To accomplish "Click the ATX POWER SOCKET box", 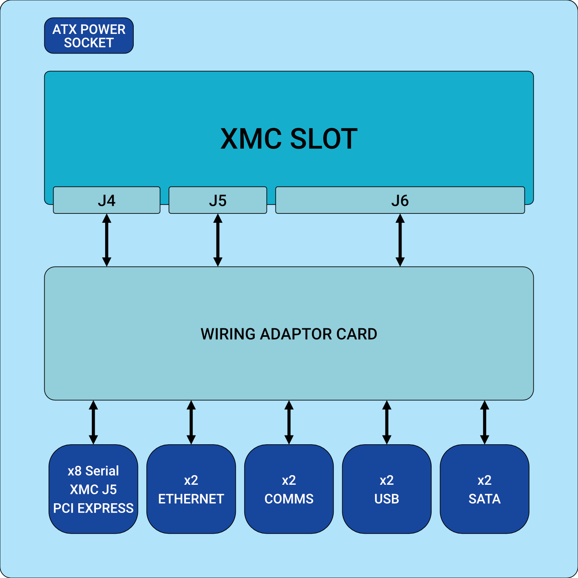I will point(89,35).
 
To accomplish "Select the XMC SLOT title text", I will point(289,139).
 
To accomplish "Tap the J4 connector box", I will point(106,200).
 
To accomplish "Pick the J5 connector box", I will point(218,200).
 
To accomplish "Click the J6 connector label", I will point(400,201).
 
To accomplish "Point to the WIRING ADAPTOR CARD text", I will point(289,334).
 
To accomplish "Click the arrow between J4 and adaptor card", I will point(107,240).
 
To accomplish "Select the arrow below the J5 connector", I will point(218,240).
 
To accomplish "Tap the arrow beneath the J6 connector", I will point(400,240).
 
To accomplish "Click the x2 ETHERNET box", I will point(191,489).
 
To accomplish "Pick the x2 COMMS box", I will point(289,489).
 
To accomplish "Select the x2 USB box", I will point(387,489).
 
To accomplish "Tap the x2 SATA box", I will point(484,489).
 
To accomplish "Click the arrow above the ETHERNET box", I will point(191,422).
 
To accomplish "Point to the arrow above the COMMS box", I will point(289,422).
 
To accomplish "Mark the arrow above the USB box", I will point(387,422).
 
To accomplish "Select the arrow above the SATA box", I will point(485,422).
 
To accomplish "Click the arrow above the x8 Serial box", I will point(93,422).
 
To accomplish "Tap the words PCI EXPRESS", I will point(93,508).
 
